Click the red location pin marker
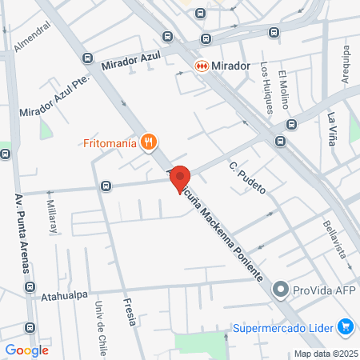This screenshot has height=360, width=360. pyautogui.click(x=179, y=178)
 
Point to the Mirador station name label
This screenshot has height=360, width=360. pyautogui.click(x=233, y=66)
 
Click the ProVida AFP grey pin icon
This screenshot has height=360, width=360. pyautogui.click(x=281, y=290)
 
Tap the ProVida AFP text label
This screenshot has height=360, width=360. pyautogui.click(x=324, y=290)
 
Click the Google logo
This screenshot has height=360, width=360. pyautogui.click(x=27, y=350)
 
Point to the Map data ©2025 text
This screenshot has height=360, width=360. pyautogui.click(x=326, y=354)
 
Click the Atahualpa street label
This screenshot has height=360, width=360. pyautogui.click(x=64, y=294)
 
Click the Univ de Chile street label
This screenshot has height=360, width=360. pyautogui.click(x=102, y=328)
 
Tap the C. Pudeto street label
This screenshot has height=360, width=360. pyautogui.click(x=246, y=179)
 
